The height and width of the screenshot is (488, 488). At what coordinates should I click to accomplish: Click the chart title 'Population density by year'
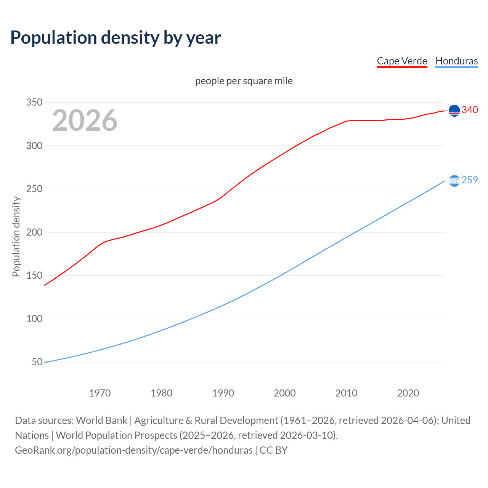(x=116, y=38)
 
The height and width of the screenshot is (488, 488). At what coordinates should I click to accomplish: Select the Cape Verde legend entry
(x=402, y=61)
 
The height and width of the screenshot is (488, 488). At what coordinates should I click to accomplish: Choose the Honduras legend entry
(x=456, y=61)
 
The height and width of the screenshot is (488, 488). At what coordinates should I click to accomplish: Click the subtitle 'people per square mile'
(x=244, y=81)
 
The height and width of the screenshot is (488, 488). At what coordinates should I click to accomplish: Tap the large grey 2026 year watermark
(x=85, y=120)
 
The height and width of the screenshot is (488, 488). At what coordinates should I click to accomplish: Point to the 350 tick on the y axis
(x=34, y=102)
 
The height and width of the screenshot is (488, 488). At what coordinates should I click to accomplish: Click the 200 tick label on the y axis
(x=34, y=232)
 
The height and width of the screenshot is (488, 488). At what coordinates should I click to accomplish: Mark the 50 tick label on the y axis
(x=37, y=362)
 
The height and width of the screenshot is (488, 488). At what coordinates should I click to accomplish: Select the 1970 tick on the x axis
(x=100, y=393)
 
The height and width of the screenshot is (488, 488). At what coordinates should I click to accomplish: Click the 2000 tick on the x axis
(x=284, y=393)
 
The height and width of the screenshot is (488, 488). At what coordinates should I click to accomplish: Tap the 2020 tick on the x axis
(x=408, y=393)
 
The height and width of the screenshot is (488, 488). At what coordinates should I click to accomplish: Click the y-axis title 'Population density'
(x=16, y=236)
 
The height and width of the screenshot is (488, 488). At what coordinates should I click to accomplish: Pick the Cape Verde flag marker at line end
(x=454, y=111)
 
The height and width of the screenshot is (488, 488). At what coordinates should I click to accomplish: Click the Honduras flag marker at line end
(x=454, y=181)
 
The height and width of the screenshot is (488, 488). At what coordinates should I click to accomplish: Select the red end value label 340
(x=470, y=110)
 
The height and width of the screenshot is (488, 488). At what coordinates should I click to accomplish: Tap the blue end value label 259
(x=470, y=180)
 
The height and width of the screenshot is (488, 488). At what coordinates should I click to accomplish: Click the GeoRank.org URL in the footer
(x=133, y=450)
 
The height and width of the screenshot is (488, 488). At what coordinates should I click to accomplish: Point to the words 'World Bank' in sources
(x=101, y=421)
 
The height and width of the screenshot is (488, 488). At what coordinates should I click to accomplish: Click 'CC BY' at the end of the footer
(x=273, y=450)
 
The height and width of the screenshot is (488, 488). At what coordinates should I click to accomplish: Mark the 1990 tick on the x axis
(x=223, y=393)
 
